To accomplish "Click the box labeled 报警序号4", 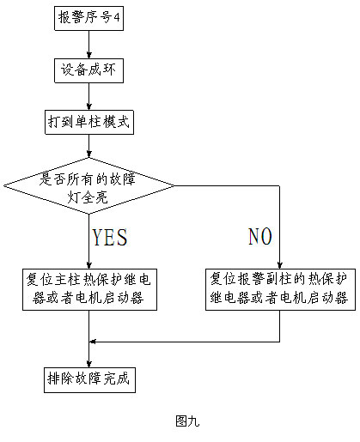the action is (88, 18).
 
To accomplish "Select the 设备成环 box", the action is (88, 70).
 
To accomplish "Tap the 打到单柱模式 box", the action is (89, 122).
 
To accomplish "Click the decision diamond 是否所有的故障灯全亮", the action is (88, 185).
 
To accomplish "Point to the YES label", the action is (109, 237).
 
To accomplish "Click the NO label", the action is (260, 236).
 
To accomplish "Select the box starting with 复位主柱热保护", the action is (89, 289).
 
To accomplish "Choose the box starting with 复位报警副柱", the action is (280, 289).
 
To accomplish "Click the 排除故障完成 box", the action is (89, 380).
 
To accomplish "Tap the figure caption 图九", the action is (187, 421).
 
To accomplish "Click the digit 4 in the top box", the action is (117, 17).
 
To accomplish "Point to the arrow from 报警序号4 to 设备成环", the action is (88, 45).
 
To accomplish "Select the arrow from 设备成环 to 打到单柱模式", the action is (88, 96).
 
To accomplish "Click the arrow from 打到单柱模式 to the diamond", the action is (88, 146).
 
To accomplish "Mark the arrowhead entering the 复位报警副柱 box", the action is (280, 265).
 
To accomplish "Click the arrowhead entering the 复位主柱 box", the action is (88, 265).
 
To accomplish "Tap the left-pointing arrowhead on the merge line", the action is (93, 342).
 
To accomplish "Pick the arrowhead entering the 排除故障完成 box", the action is (88, 364).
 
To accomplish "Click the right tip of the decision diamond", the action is (174, 185).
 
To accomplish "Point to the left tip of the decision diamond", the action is (3, 185).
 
